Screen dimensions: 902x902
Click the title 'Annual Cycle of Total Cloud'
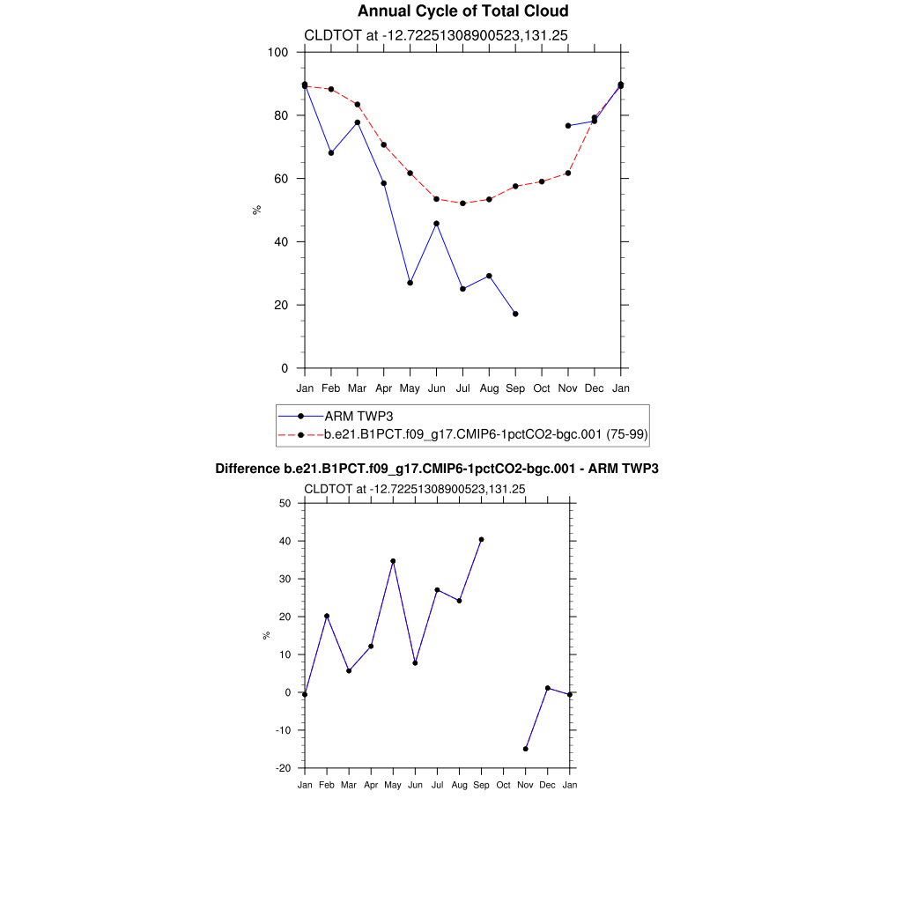coord(462,11)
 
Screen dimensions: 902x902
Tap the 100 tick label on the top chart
coord(278,52)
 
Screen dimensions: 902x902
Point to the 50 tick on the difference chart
coord(285,503)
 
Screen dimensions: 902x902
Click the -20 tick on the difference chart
coord(283,768)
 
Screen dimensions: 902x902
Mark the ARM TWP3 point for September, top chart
coord(515,314)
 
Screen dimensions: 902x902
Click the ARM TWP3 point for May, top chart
coord(410,283)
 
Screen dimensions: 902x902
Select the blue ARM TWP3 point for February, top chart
coord(331,153)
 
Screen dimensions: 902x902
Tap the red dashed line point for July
coord(462,203)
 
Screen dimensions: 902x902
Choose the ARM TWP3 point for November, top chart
coord(568,126)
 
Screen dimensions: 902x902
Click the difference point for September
coord(481,539)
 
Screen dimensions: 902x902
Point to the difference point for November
coord(525,749)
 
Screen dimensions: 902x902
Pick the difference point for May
coord(393,561)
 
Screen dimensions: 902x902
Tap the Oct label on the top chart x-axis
coord(542,388)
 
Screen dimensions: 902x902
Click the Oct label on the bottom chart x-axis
coord(503,785)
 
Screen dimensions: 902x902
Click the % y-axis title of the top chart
coord(257,210)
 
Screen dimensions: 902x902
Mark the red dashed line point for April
coord(384,144)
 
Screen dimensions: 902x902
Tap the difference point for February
coord(327,616)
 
